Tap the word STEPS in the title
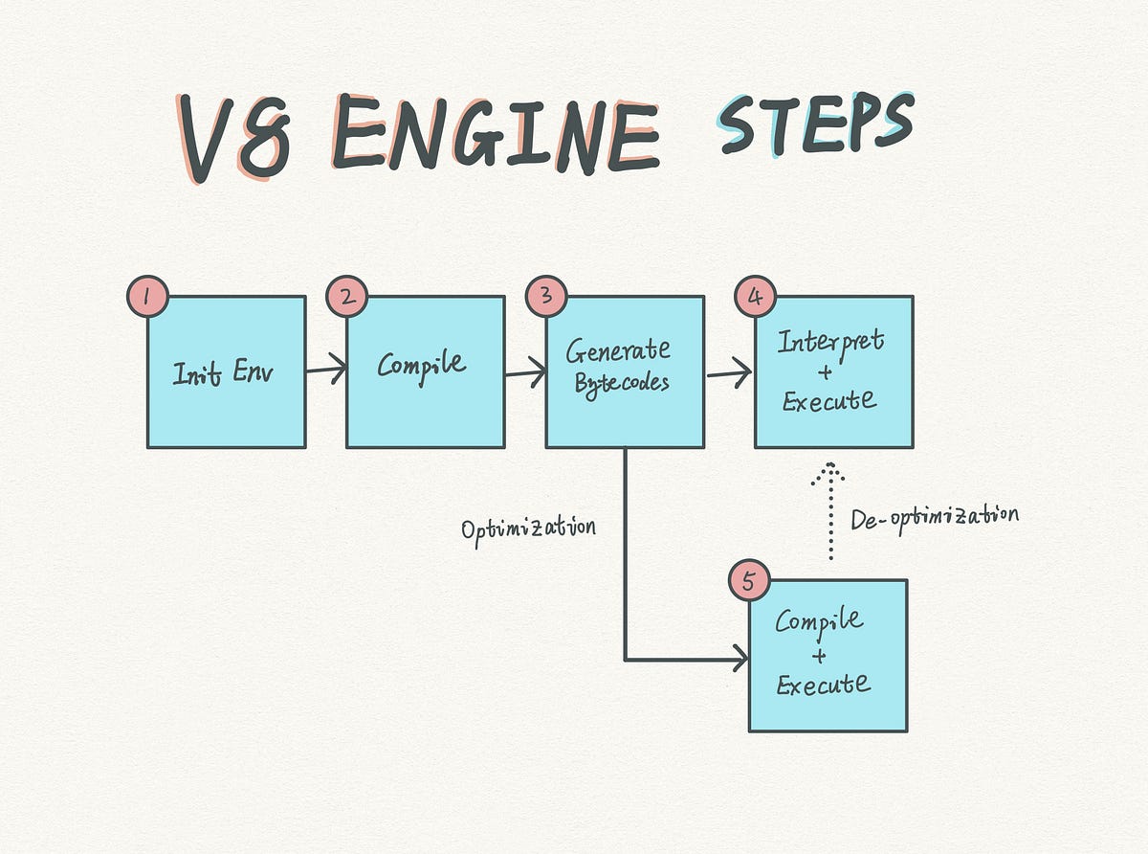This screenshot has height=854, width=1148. pos(814,124)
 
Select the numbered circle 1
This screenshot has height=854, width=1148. pos(146,298)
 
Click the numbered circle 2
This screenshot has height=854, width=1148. pos(346,298)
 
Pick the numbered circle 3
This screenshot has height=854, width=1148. pos(546,298)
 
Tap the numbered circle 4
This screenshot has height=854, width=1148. pos(755,298)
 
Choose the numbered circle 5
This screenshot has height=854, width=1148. pos(749,581)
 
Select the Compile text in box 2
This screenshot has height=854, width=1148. pos(422,365)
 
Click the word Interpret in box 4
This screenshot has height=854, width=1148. pos(830,342)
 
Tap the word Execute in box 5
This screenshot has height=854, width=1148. pos(823,685)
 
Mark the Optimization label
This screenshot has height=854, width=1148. pos(528,528)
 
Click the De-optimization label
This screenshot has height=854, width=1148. pos(934,517)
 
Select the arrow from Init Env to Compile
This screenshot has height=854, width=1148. pos(325,369)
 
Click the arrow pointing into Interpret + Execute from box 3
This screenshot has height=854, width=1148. pos(728,374)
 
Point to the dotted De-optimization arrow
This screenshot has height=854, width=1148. pos(830,512)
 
